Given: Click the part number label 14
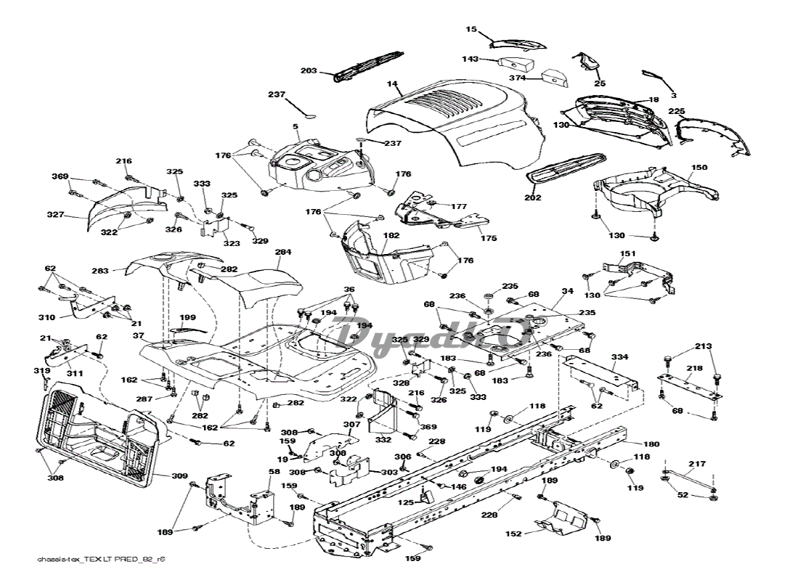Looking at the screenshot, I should tap(393, 85).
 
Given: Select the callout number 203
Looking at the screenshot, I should tap(309, 70).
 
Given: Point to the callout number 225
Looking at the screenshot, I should tap(677, 111).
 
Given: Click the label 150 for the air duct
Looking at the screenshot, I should tap(699, 168).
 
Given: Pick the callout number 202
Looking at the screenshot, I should tap(534, 197).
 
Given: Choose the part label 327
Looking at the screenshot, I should tap(56, 215).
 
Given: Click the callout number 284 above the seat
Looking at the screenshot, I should tap(283, 252).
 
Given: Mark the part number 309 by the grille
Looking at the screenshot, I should tap(180, 476).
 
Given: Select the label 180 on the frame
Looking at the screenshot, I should tap(651, 444).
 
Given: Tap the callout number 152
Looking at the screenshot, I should tap(513, 534).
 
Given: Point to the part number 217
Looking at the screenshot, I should tap(697, 464).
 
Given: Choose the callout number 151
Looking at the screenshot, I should tap(627, 254).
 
